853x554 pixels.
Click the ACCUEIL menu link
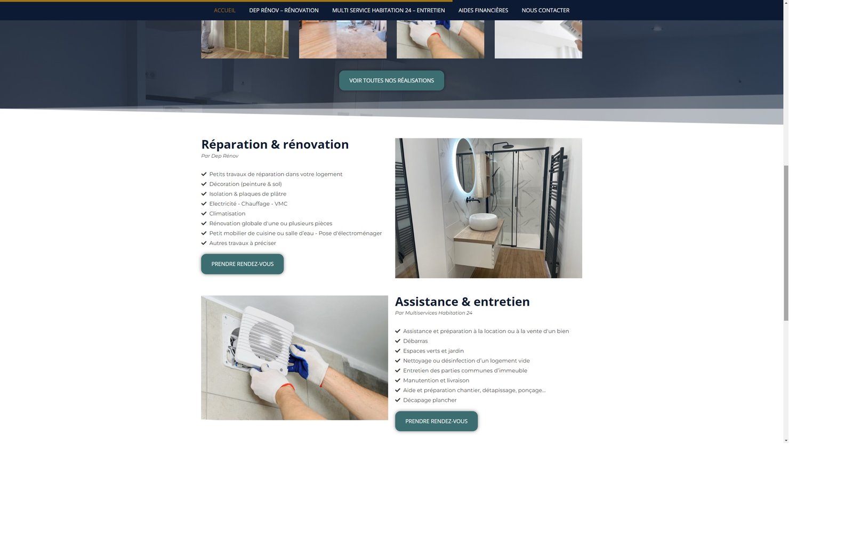(224, 10)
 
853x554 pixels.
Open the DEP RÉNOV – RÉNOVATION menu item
(284, 10)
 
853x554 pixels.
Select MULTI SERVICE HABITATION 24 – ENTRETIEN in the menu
(389, 10)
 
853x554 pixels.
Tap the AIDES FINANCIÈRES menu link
(483, 10)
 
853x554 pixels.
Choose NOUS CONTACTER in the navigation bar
(545, 10)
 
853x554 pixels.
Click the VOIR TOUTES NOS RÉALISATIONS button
(391, 80)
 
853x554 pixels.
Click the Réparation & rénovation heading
(275, 144)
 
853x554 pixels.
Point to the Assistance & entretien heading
(462, 302)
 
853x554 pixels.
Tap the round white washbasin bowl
(483, 222)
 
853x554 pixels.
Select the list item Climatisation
(227, 214)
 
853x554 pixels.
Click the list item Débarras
(415, 341)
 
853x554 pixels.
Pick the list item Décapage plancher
(430, 400)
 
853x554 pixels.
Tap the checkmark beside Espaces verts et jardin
(398, 351)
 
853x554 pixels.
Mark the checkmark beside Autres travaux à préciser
(204, 243)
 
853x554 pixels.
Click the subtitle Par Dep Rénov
(220, 156)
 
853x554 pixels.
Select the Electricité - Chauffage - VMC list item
(248, 203)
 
